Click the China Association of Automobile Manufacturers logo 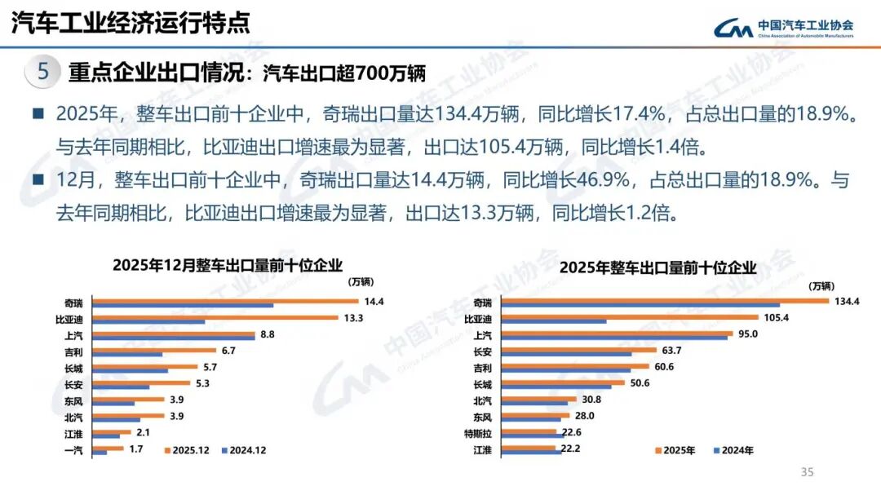pos(784,29)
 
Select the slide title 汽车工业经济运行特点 pos(130,24)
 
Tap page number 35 pos(808,472)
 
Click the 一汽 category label pos(73,449)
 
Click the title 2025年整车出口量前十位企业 pos(658,267)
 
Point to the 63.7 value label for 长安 pos(671,351)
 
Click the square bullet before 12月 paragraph pos(38,179)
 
